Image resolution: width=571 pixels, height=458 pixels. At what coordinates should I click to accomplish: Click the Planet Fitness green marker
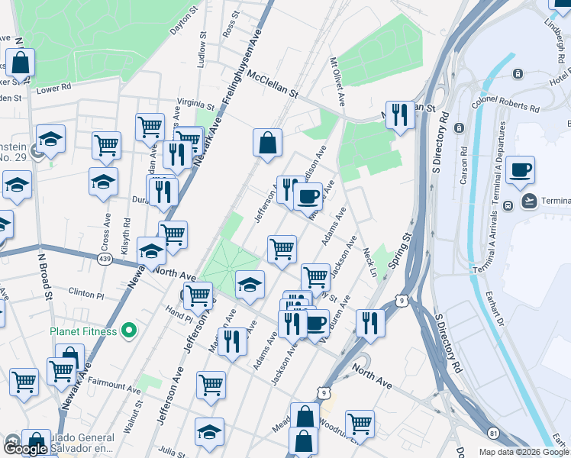pos(129,331)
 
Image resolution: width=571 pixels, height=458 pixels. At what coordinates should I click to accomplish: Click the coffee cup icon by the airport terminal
pos(520,171)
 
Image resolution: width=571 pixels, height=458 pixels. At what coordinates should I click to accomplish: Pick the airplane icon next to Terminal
pos(528,201)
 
